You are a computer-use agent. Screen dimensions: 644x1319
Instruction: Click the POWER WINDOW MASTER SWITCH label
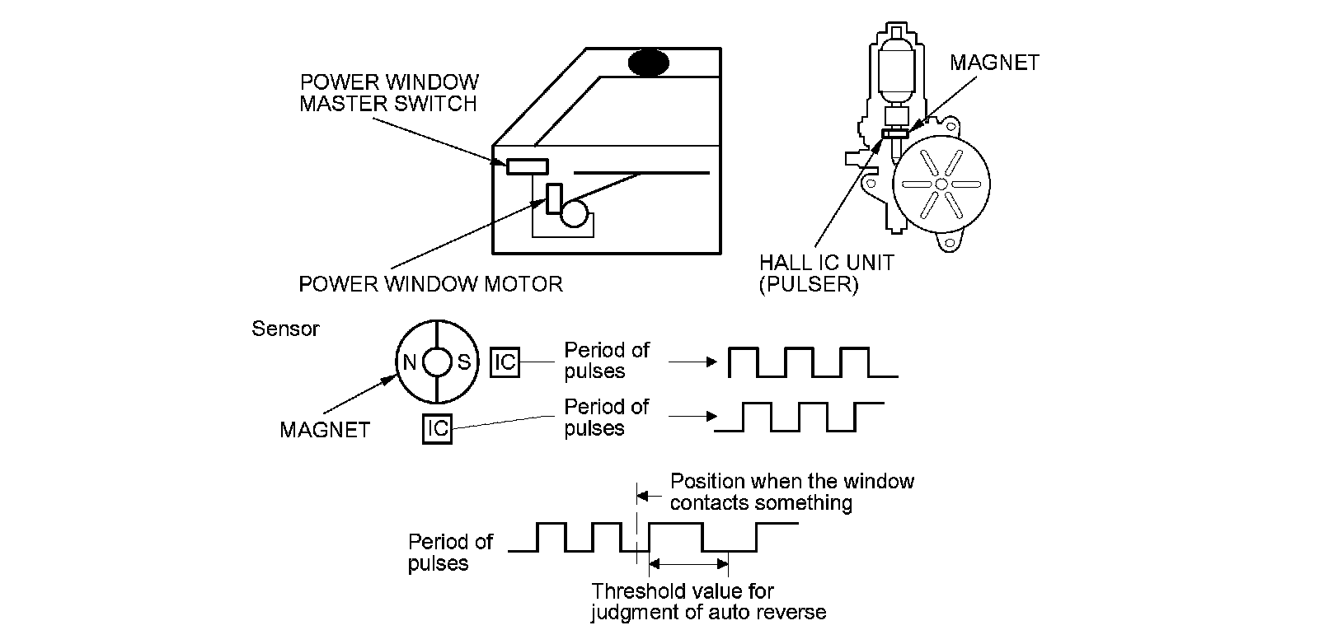(388, 93)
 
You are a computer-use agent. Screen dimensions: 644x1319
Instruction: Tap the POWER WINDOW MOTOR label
(430, 284)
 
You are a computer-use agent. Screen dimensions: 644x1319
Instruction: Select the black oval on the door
(650, 63)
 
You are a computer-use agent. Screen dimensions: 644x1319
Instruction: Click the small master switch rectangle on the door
(527, 166)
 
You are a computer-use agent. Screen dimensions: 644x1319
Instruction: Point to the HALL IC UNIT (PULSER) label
(826, 273)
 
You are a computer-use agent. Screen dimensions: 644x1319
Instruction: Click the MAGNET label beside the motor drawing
(994, 63)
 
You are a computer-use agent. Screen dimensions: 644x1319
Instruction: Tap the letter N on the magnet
(409, 362)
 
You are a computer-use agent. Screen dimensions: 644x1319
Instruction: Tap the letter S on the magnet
(463, 362)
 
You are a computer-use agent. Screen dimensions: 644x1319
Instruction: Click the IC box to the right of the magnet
(505, 362)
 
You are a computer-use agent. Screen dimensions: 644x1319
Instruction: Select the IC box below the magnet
(437, 428)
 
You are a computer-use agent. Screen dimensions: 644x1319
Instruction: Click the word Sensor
(285, 329)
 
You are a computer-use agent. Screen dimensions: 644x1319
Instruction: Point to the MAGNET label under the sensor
(325, 430)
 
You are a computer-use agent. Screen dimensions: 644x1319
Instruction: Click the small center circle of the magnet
(436, 362)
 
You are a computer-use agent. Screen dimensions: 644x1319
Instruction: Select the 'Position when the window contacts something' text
(791, 492)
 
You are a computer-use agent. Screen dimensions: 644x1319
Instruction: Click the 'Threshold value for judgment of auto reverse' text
(708, 601)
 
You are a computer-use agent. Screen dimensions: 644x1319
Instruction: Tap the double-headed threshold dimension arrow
(689, 564)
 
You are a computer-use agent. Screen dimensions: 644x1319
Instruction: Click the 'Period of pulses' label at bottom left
(450, 553)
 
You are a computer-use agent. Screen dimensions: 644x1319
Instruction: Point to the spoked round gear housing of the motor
(941, 183)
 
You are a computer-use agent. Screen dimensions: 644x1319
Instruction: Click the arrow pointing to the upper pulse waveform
(692, 361)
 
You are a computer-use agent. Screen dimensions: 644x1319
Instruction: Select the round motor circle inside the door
(575, 213)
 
